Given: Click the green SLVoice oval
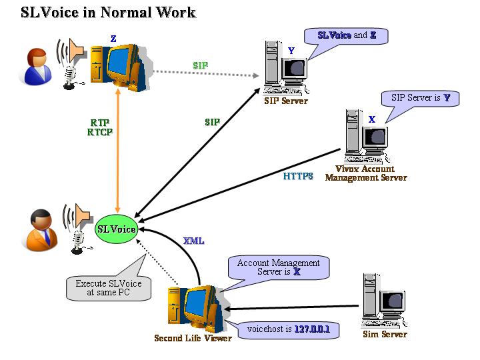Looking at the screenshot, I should pyautogui.click(x=117, y=229).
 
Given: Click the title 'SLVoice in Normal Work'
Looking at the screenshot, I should pyautogui.click(x=109, y=12).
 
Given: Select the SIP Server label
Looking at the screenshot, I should pyautogui.click(x=286, y=101).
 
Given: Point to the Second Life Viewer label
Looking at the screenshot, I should pyautogui.click(x=193, y=338).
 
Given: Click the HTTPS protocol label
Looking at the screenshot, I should pyautogui.click(x=298, y=177).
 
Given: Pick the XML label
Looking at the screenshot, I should pyautogui.click(x=194, y=241).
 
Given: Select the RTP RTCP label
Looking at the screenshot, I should pyautogui.click(x=100, y=127).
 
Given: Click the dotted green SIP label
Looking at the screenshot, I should pyautogui.click(x=200, y=65).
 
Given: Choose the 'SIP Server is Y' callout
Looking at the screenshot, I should pyautogui.click(x=421, y=98).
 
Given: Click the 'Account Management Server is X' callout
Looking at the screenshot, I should pyautogui.click(x=279, y=267).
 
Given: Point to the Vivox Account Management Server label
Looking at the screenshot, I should pyautogui.click(x=365, y=173).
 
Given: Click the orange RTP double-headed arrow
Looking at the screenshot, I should pyautogui.click(x=118, y=153).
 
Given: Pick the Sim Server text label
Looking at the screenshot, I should pyautogui.click(x=384, y=334).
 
